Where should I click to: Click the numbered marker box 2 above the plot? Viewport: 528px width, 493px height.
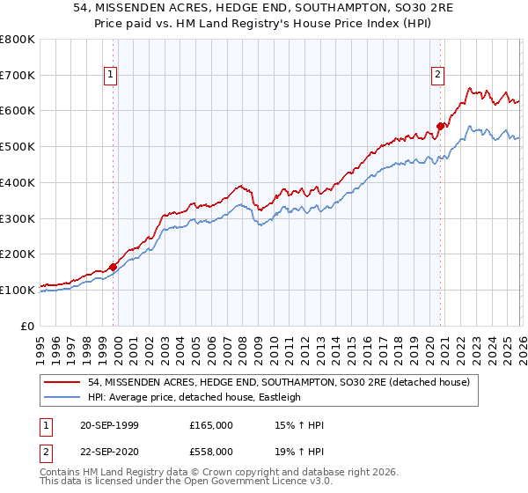[x=437, y=76]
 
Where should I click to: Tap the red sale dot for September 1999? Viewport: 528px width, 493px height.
[x=113, y=267]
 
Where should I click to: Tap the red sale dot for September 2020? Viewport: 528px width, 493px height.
[x=439, y=126]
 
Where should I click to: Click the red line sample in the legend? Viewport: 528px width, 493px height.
[x=63, y=382]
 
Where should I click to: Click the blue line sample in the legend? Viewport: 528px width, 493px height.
[x=63, y=397]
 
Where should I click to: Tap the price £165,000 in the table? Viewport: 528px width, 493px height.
[x=211, y=425]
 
